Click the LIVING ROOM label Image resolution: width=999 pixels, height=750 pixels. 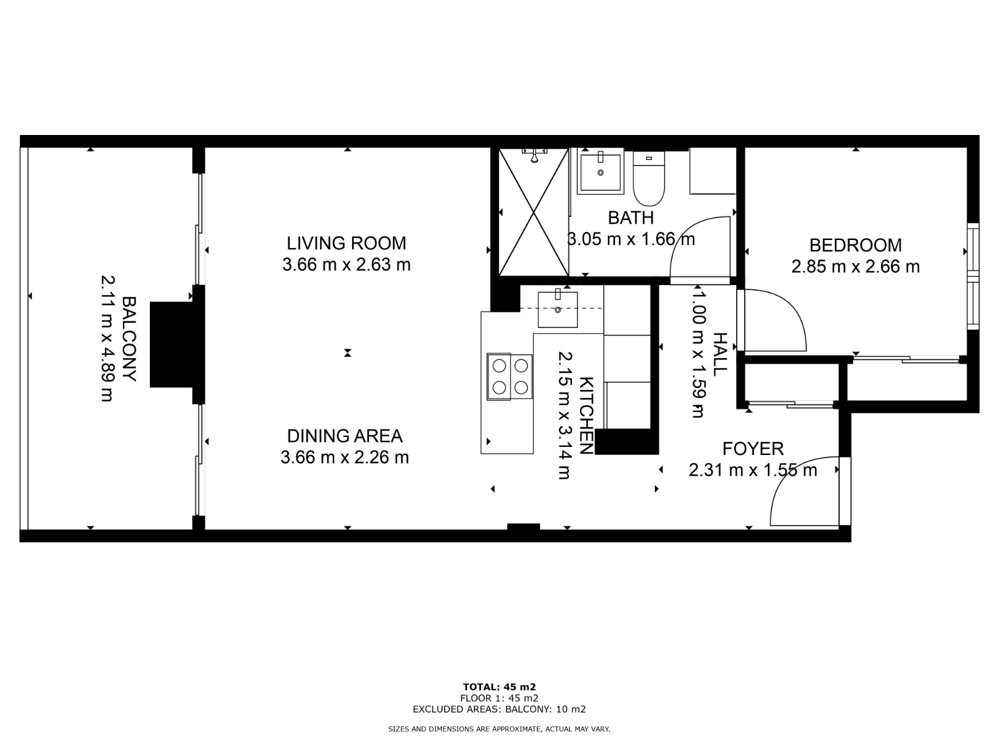(346, 243)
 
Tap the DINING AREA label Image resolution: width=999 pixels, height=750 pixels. (345, 436)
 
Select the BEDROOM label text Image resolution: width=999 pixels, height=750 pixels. (855, 246)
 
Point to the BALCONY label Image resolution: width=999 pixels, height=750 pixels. (130, 339)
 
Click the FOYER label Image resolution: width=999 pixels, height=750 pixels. (753, 449)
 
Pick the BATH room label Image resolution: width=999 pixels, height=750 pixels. (631, 217)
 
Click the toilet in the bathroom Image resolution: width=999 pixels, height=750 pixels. (649, 178)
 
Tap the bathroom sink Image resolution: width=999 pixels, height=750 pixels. (601, 172)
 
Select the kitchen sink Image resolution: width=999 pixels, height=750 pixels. (558, 309)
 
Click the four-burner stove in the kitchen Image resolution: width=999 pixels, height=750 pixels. (509, 377)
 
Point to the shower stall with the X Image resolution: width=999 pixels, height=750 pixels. (534, 212)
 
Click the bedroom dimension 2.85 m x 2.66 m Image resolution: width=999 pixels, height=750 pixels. (855, 267)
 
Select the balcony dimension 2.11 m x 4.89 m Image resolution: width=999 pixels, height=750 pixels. (107, 339)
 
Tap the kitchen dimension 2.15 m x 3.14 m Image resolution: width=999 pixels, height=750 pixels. (564, 415)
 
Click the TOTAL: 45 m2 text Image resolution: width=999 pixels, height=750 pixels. (499, 687)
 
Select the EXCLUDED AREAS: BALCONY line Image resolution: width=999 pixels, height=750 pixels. (499, 709)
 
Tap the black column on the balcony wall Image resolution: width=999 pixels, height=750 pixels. (172, 345)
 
